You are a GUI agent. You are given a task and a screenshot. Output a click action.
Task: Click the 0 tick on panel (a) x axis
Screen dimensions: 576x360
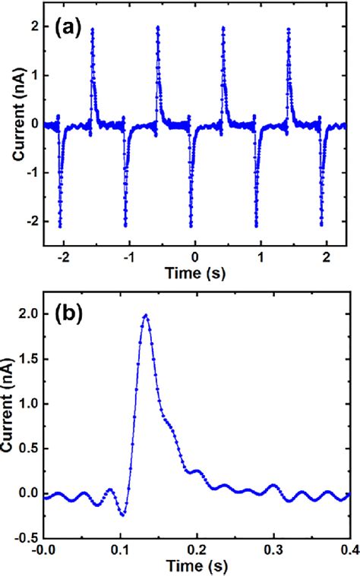pos(194,257)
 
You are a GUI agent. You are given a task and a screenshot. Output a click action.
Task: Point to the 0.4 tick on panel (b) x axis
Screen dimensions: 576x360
pos(349,548)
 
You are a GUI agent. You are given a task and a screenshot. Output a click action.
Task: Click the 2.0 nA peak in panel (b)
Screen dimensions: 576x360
pos(145,316)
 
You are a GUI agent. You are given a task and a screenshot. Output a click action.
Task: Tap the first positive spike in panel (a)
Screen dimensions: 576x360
pos(93,30)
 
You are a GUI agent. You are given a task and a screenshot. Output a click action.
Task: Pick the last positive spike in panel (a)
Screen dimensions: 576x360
pos(289,30)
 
